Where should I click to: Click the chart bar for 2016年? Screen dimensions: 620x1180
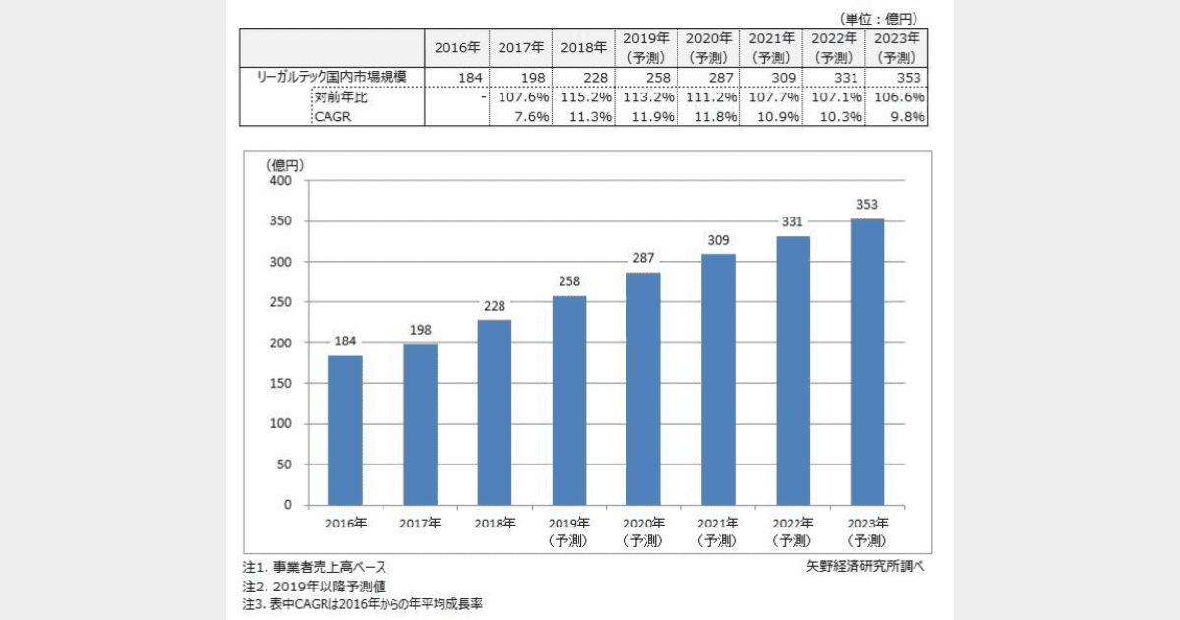345,430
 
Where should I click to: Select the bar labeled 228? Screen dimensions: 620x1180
495,412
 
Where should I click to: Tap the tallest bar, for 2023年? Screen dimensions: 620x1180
867,361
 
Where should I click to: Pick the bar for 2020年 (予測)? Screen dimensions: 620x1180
644,389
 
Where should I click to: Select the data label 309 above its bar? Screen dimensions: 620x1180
718,240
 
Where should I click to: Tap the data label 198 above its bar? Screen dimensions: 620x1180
420,330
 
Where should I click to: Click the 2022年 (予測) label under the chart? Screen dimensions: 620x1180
793,532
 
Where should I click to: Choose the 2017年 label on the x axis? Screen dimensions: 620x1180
420,524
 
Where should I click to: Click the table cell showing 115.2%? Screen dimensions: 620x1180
583,97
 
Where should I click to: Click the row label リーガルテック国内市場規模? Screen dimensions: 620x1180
331,78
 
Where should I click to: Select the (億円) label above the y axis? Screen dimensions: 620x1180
285,164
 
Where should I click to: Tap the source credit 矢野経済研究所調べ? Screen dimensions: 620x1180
865,567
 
